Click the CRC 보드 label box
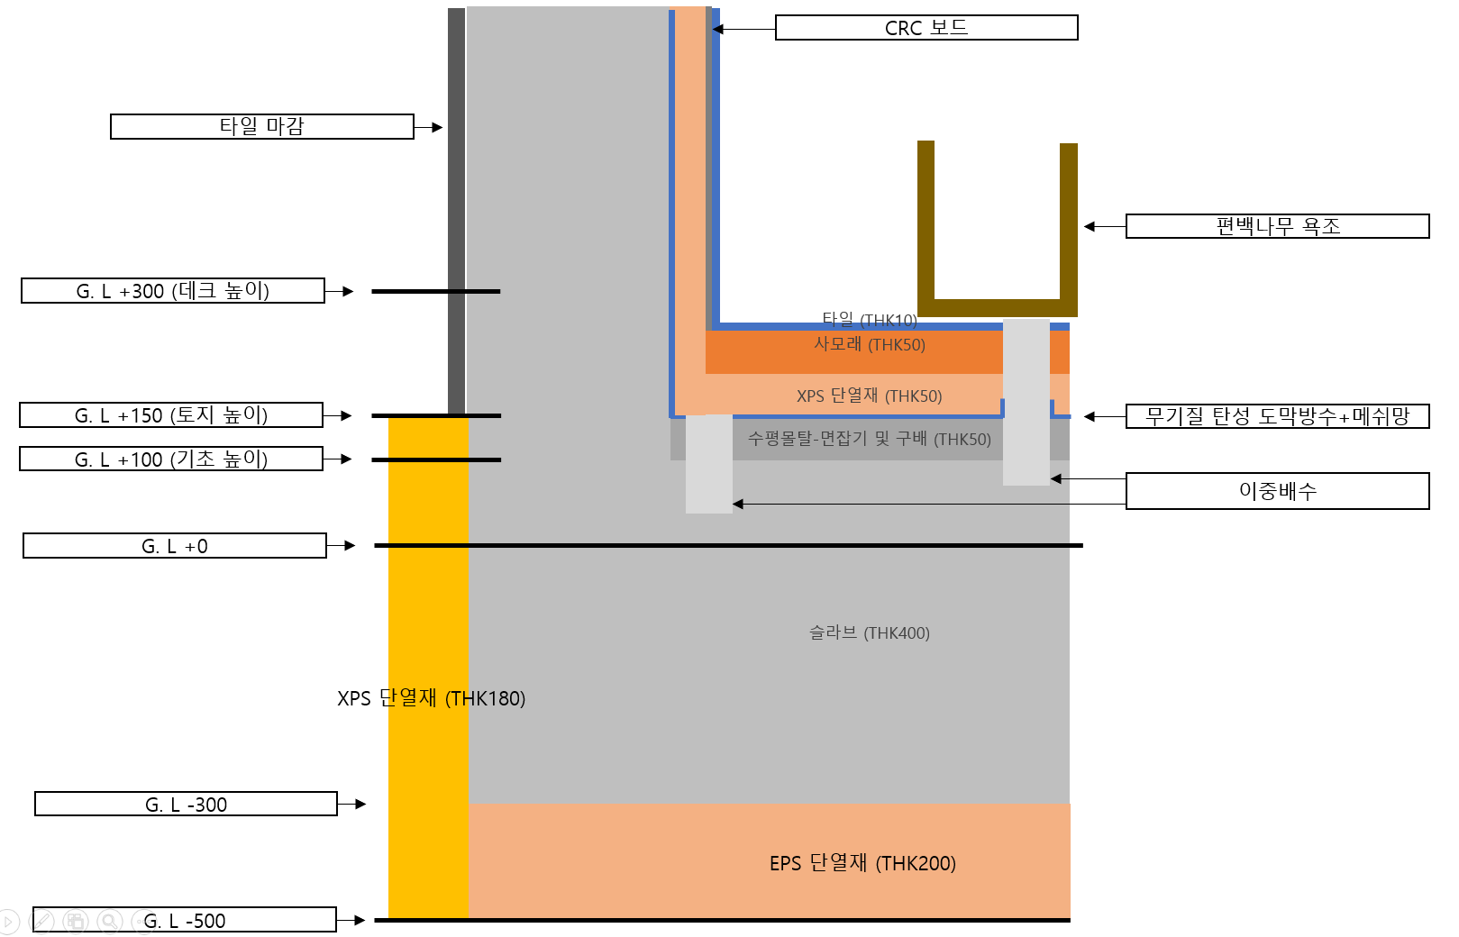(926, 28)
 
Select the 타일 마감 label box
(261, 126)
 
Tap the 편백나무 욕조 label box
(1277, 226)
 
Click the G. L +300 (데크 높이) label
(172, 291)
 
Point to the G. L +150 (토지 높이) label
(171, 415)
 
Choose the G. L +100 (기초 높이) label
(171, 459)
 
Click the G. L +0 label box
(175, 546)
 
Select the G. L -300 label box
(186, 804)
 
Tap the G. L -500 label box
(185, 920)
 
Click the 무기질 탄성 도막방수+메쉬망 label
(1277, 416)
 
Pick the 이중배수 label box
(1277, 491)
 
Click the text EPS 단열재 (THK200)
(862, 863)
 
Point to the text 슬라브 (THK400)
(869, 632)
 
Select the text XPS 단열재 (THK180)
(431, 698)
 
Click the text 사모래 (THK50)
(869, 344)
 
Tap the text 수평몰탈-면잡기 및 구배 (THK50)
(869, 439)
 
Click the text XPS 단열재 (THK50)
(869, 396)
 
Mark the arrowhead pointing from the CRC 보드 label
(718, 29)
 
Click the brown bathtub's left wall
(926, 221)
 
